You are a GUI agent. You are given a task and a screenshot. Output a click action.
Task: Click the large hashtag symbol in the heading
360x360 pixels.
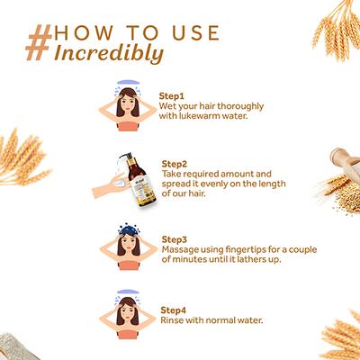click(x=39, y=42)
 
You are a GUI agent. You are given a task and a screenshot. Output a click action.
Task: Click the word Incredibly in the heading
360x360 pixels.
click(x=109, y=53)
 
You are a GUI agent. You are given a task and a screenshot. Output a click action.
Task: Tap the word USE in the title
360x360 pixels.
click(x=195, y=33)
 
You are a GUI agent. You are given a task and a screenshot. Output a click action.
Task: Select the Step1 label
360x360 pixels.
click(x=171, y=96)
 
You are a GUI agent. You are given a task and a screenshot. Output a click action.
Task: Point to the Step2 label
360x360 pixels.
click(x=174, y=164)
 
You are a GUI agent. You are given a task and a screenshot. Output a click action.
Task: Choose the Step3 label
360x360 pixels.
click(x=174, y=239)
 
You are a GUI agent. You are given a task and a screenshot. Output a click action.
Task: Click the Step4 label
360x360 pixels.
click(x=173, y=310)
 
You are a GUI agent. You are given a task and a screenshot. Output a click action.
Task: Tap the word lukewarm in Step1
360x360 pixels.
click(x=199, y=116)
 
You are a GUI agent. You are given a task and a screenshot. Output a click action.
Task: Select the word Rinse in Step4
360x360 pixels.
click(x=172, y=320)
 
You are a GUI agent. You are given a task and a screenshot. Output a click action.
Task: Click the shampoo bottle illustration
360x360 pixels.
click(x=140, y=181)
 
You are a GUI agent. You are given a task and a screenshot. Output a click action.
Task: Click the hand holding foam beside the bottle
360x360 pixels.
click(x=110, y=185)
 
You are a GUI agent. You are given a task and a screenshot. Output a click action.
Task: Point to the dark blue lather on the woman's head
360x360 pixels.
click(x=128, y=229)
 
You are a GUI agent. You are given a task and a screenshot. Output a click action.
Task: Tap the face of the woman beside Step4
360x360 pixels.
click(x=128, y=312)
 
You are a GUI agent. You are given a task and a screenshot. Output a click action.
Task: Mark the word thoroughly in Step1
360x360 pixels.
click(x=240, y=106)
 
